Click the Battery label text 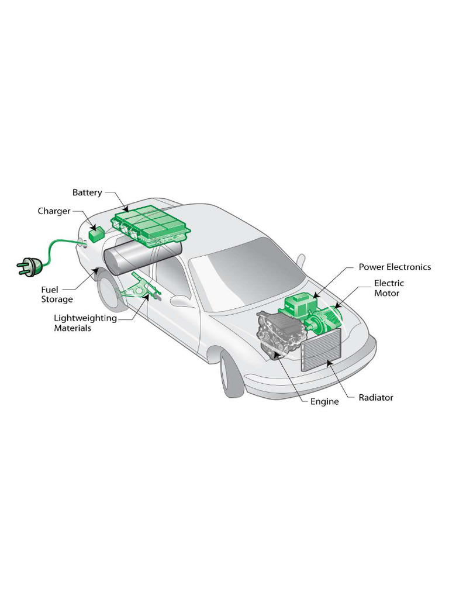[x=87, y=192]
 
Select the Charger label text [x=54, y=211]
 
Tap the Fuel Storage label [x=57, y=294]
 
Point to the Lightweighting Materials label [x=85, y=323]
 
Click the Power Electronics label [x=395, y=267]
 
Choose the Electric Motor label [x=389, y=288]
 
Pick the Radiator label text [x=376, y=398]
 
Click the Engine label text [x=324, y=402]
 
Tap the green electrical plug [x=29, y=267]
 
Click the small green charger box [x=96, y=234]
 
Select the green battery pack [x=148, y=226]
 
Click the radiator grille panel [x=320, y=349]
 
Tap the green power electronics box [x=299, y=305]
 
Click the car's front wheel [x=230, y=374]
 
